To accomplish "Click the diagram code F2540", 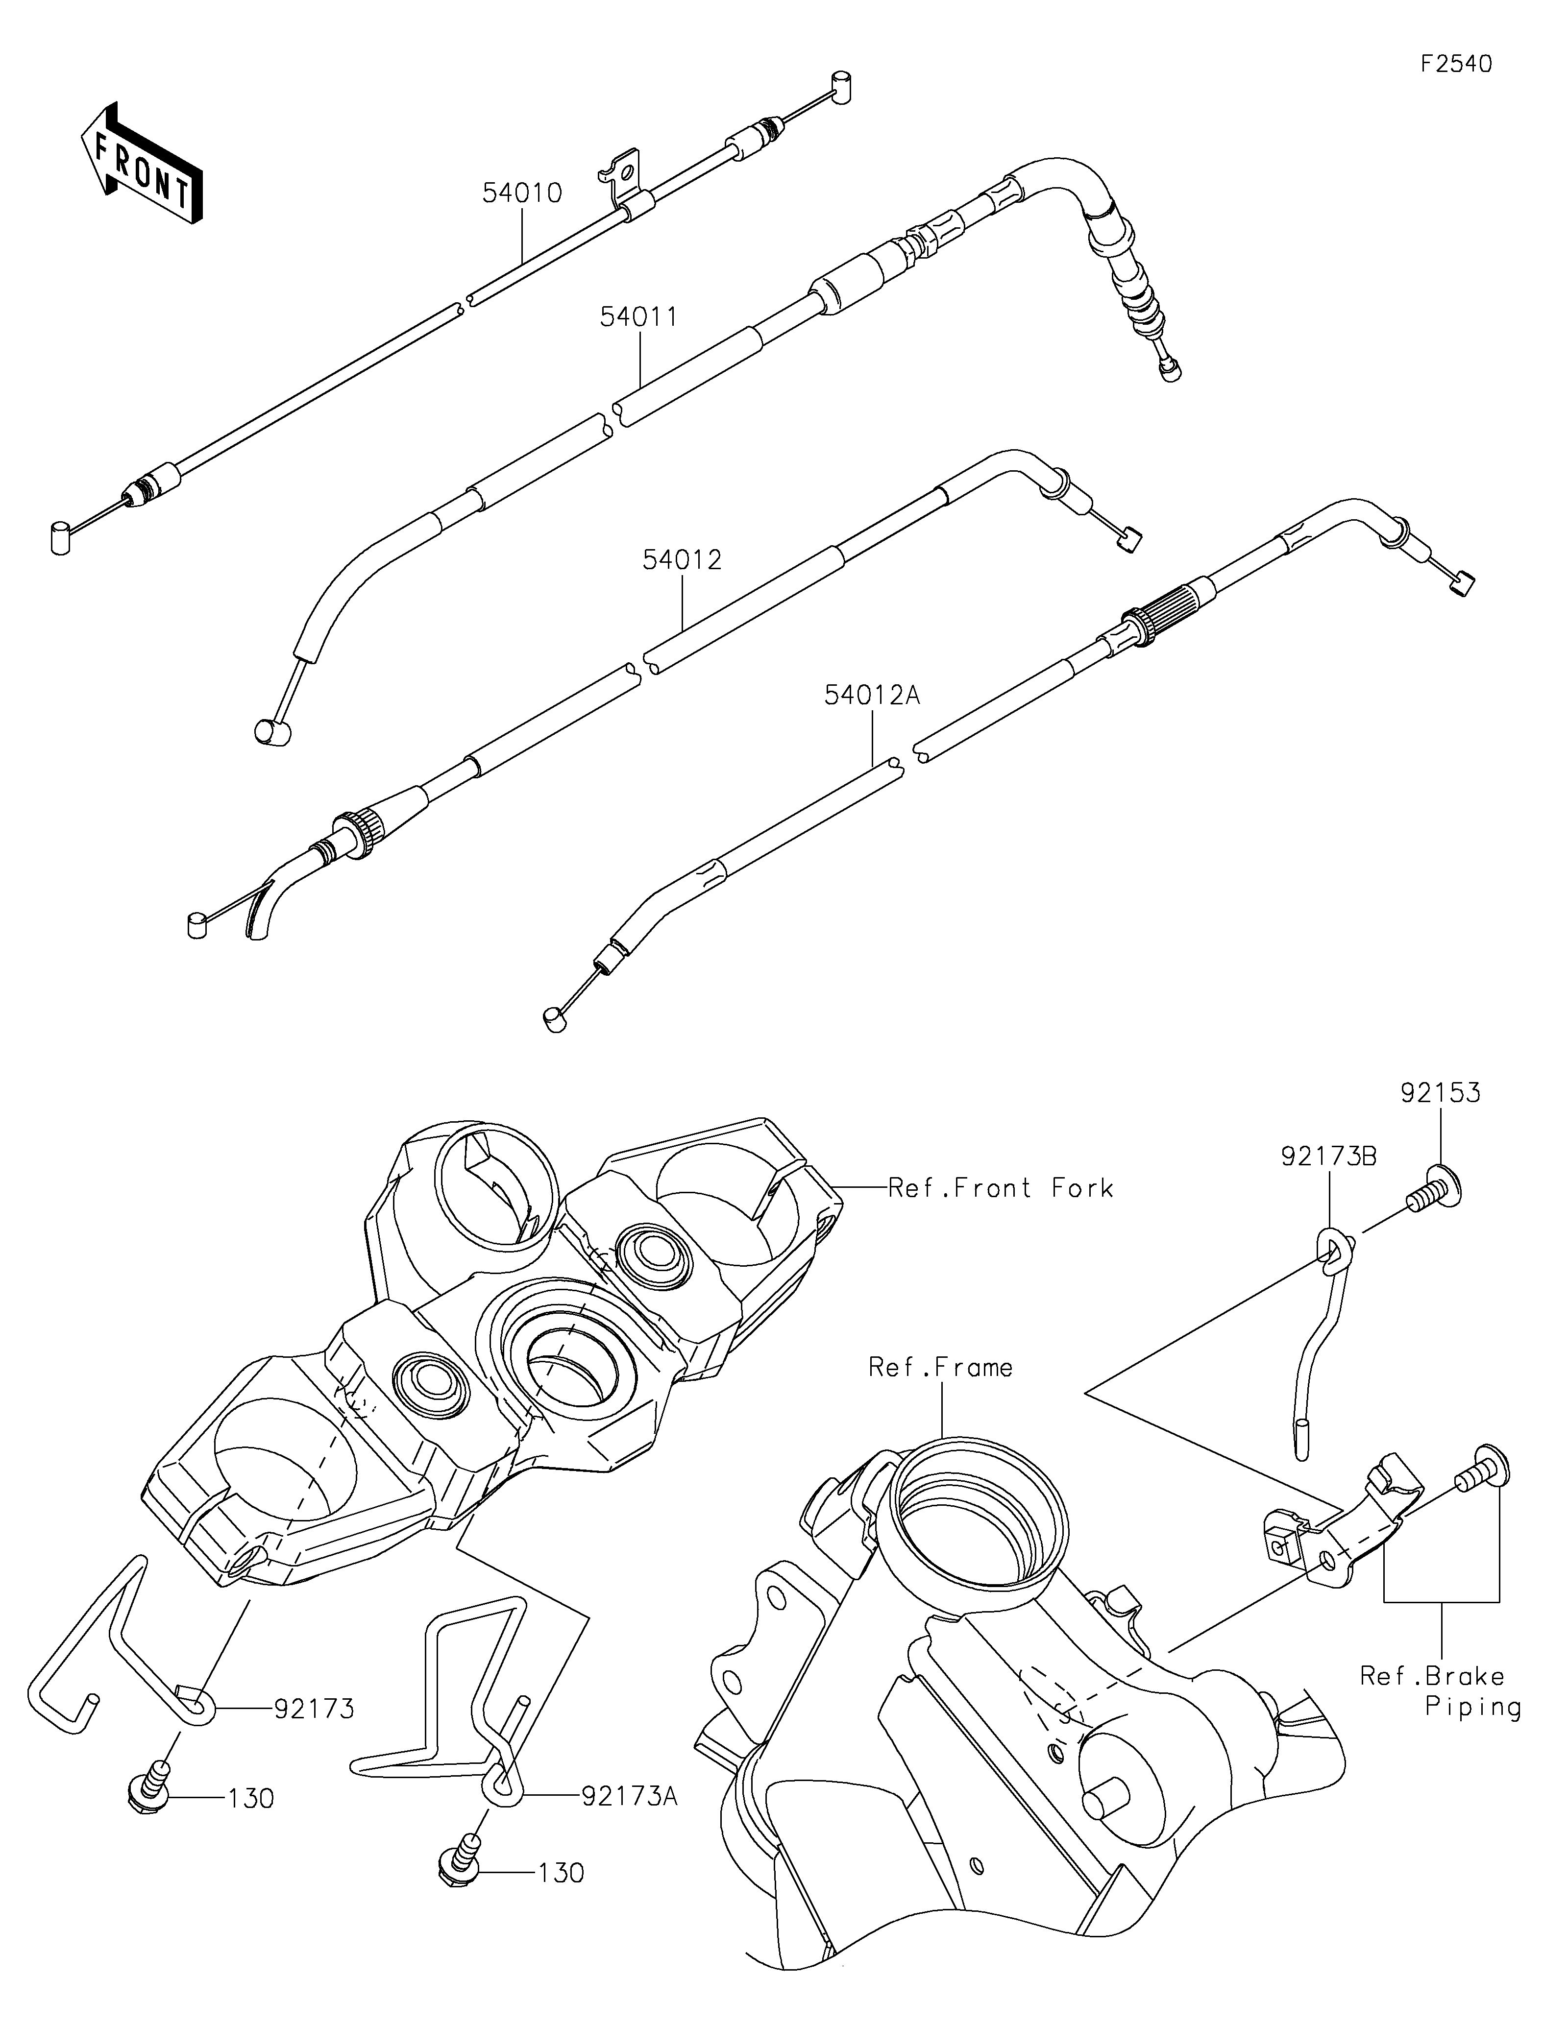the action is click(1456, 64).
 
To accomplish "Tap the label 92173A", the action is click(631, 1797).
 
